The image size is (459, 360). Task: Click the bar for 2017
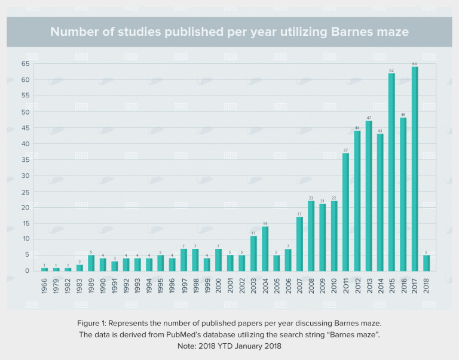pyautogui.click(x=415, y=169)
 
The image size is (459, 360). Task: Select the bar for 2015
pyautogui.click(x=391, y=172)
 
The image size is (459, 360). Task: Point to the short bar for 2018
pyautogui.click(x=426, y=263)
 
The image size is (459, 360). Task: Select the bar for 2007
pyautogui.click(x=299, y=244)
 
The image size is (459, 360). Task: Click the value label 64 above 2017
pyautogui.click(x=415, y=64)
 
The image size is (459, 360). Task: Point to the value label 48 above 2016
pyautogui.click(x=403, y=115)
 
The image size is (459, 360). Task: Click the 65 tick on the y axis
pyautogui.click(x=25, y=64)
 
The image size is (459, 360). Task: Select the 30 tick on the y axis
pyautogui.click(x=25, y=176)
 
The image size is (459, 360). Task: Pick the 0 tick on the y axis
pyautogui.click(x=27, y=271)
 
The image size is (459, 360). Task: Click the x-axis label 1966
pyautogui.click(x=45, y=285)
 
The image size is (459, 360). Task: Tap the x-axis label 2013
pyautogui.click(x=369, y=285)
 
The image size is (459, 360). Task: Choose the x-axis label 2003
pyautogui.click(x=253, y=285)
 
